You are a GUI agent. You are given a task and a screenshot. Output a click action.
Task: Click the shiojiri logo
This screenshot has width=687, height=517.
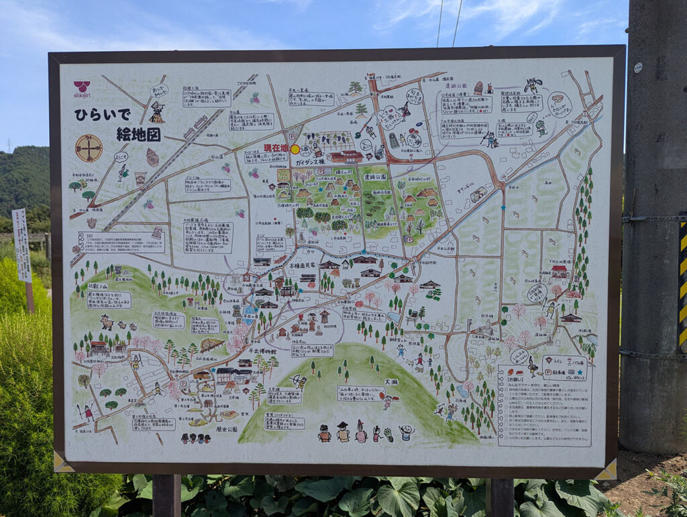(82, 89)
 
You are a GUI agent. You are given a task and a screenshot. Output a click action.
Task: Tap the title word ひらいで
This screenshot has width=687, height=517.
(103, 115)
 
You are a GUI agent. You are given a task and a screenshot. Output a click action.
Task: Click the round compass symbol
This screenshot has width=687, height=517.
(89, 148)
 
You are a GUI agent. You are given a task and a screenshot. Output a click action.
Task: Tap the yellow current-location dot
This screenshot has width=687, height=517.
(295, 149)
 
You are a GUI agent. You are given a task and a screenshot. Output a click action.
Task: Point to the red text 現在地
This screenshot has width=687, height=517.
(275, 147)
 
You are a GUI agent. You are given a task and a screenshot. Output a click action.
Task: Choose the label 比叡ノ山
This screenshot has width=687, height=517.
(98, 286)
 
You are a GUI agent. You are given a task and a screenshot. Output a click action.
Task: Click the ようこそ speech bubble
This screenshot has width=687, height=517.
(121, 156)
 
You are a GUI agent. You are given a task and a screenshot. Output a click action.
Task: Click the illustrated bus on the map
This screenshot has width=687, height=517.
(478, 194)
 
